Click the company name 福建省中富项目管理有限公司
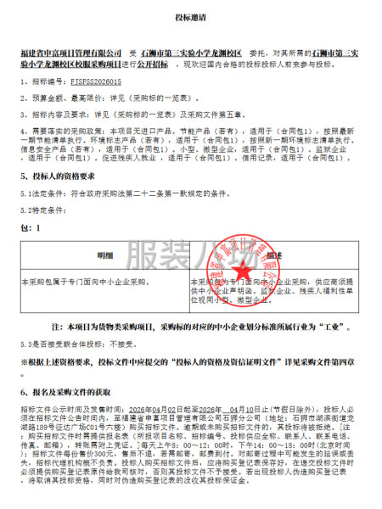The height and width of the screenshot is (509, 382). tap(76, 51)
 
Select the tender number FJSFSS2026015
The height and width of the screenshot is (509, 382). tap(96, 81)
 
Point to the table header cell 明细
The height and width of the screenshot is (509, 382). tap(104, 254)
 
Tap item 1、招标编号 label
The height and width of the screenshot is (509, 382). tap(42, 81)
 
